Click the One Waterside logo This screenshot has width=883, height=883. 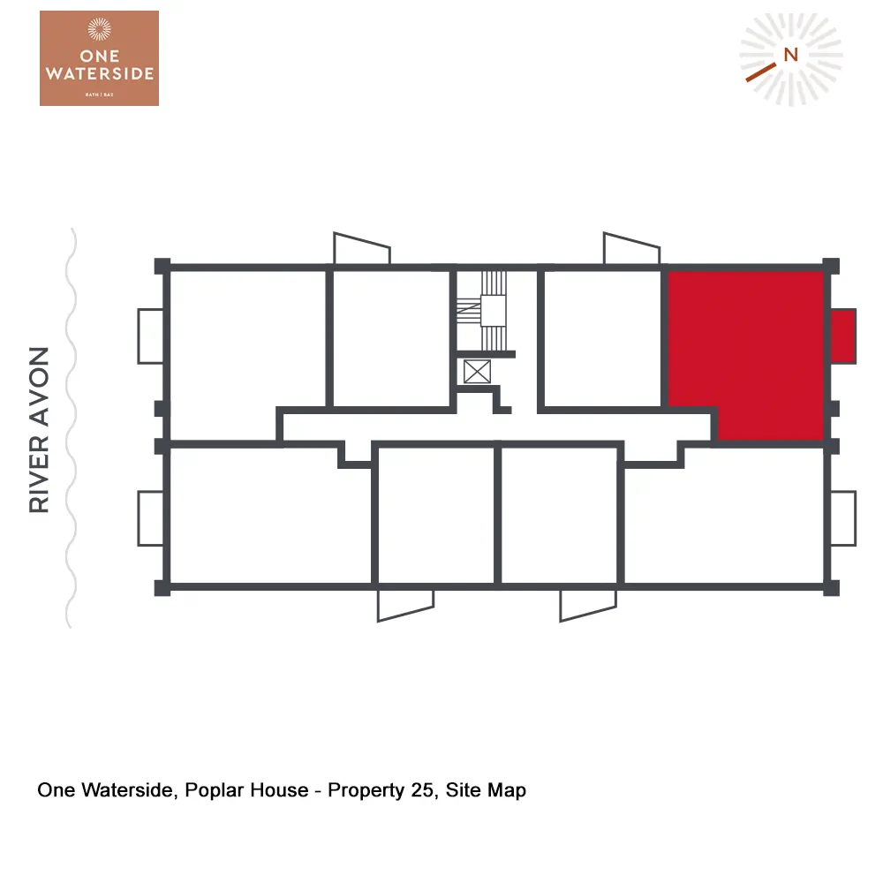coord(99,58)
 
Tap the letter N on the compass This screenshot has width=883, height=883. coord(790,54)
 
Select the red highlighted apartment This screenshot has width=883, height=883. coord(746,344)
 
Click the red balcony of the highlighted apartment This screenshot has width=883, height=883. coord(842,336)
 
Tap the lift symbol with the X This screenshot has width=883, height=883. coord(476,371)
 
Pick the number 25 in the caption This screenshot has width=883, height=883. coord(422,789)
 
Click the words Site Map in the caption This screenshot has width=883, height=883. coord(486,789)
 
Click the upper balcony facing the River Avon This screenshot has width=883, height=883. coord(150,336)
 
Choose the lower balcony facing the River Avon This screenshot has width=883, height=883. coord(150,518)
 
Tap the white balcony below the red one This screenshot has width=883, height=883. coord(843,518)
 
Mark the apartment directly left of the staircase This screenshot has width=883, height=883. coord(391,337)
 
